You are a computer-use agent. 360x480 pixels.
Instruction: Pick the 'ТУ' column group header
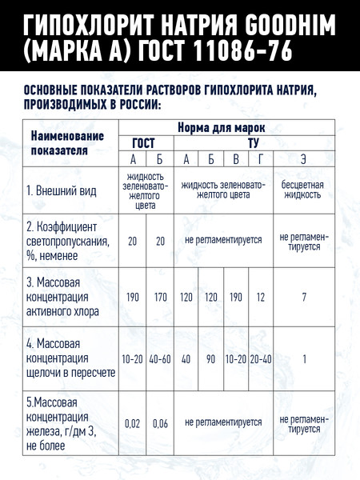[x=254, y=142]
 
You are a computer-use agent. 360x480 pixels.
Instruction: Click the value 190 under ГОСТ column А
[x=133, y=297]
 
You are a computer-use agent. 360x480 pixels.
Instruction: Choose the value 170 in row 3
[x=160, y=297]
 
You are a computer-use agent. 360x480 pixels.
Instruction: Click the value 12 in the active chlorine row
[x=261, y=297]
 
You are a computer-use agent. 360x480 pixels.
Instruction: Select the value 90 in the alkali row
[x=211, y=359]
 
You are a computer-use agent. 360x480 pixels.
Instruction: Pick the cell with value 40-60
[x=160, y=359]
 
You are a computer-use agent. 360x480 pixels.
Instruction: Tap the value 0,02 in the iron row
[x=133, y=422]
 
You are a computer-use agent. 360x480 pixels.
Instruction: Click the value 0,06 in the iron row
[x=160, y=422]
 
